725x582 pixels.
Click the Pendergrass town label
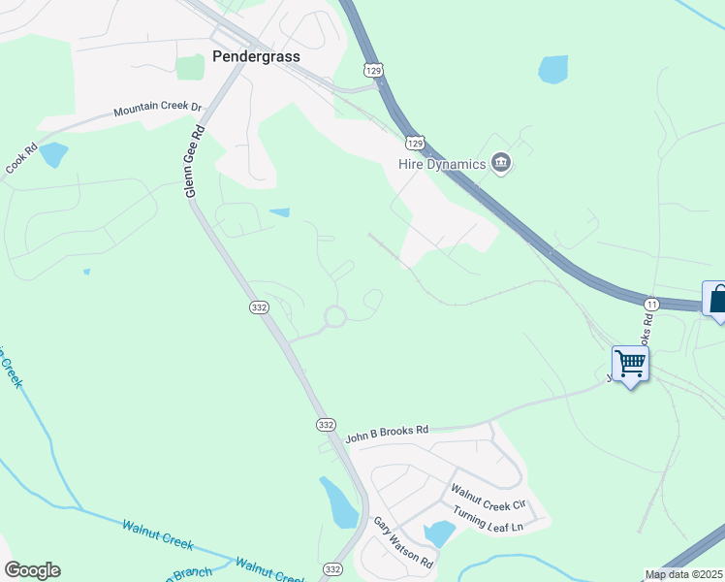point(256,56)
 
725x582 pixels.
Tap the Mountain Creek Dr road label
point(156,111)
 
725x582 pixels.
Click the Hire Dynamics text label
point(441,164)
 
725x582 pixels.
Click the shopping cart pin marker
point(630,365)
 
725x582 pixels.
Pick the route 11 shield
point(651,304)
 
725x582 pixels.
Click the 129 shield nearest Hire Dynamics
point(415,143)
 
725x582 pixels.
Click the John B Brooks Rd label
point(387,430)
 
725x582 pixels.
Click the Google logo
point(32,570)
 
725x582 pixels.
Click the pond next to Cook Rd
point(52,154)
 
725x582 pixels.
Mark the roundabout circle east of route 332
point(335,316)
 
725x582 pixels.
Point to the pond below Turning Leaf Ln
point(439,533)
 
